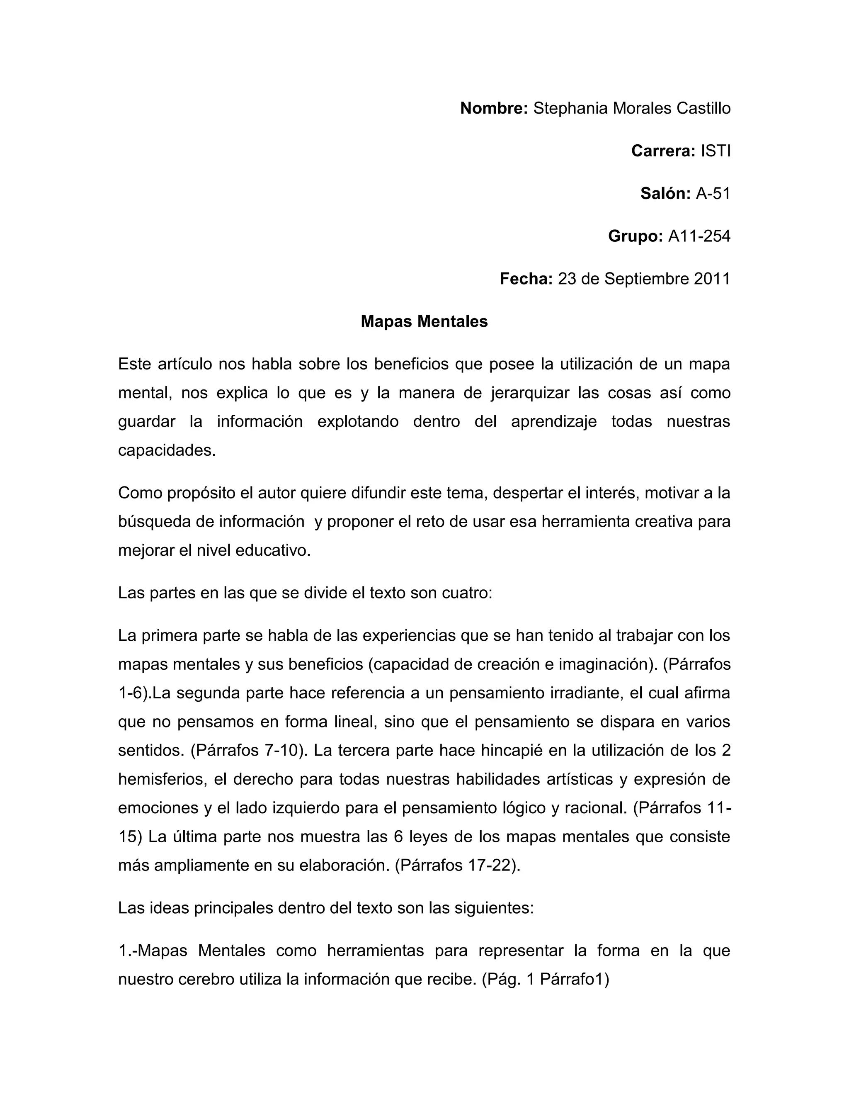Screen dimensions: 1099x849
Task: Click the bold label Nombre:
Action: pos(493,108)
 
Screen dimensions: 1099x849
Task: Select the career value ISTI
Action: pos(715,151)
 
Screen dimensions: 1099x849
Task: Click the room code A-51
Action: pos(713,193)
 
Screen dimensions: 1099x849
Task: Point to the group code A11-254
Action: pos(699,236)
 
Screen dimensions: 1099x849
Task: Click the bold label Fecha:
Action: pos(526,279)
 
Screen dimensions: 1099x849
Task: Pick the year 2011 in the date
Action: pos(712,279)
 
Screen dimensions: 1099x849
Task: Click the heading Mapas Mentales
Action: pos(424,321)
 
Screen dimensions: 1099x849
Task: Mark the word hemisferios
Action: pos(162,779)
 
